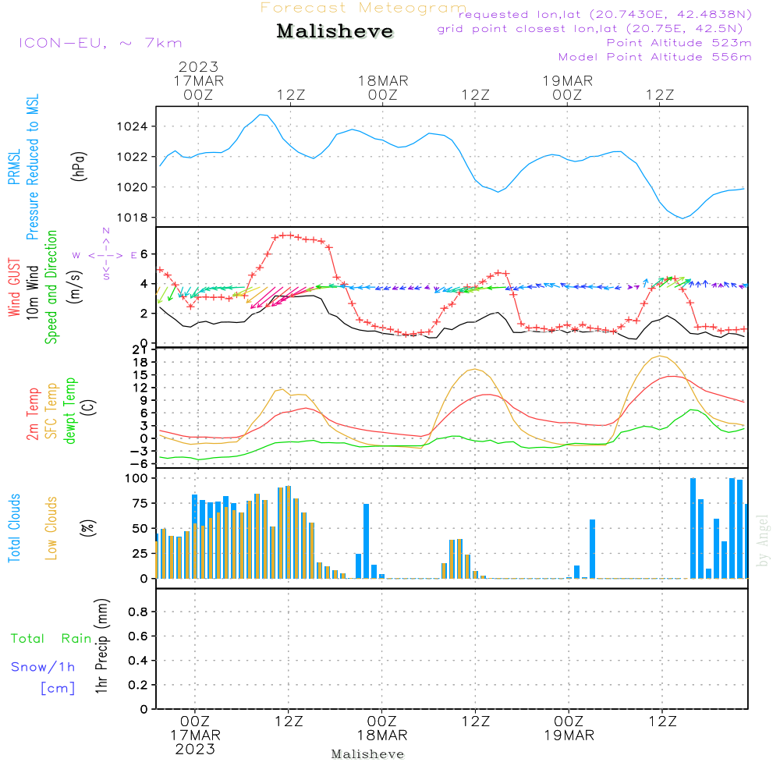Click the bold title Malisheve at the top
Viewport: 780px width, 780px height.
click(x=335, y=31)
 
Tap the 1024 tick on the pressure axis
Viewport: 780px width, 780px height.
click(x=132, y=126)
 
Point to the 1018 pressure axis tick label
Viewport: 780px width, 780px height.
click(x=132, y=218)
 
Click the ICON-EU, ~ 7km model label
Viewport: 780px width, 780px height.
click(x=101, y=43)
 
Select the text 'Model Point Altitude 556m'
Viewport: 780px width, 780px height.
click(x=654, y=57)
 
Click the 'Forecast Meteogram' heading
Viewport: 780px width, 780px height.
click(x=363, y=8)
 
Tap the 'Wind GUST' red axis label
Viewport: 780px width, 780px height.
click(x=14, y=287)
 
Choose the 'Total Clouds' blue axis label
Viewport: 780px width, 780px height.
click(x=14, y=528)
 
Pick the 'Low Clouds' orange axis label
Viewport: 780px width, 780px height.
click(x=51, y=528)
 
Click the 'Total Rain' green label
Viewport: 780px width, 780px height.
click(x=51, y=638)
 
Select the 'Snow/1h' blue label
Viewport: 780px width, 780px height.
click(x=43, y=667)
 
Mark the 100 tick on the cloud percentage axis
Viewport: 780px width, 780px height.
click(x=136, y=478)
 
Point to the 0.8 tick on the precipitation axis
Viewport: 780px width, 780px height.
click(x=138, y=612)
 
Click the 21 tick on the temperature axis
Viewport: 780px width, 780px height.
click(x=140, y=350)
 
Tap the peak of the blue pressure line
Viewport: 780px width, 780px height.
click(x=261, y=115)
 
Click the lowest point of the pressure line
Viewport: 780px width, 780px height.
click(x=682, y=218)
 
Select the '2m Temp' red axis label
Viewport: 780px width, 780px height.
click(x=32, y=414)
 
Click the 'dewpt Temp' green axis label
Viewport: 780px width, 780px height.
click(x=69, y=410)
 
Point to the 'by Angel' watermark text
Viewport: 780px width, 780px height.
click(x=763, y=541)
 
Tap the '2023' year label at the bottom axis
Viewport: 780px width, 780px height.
click(x=195, y=749)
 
